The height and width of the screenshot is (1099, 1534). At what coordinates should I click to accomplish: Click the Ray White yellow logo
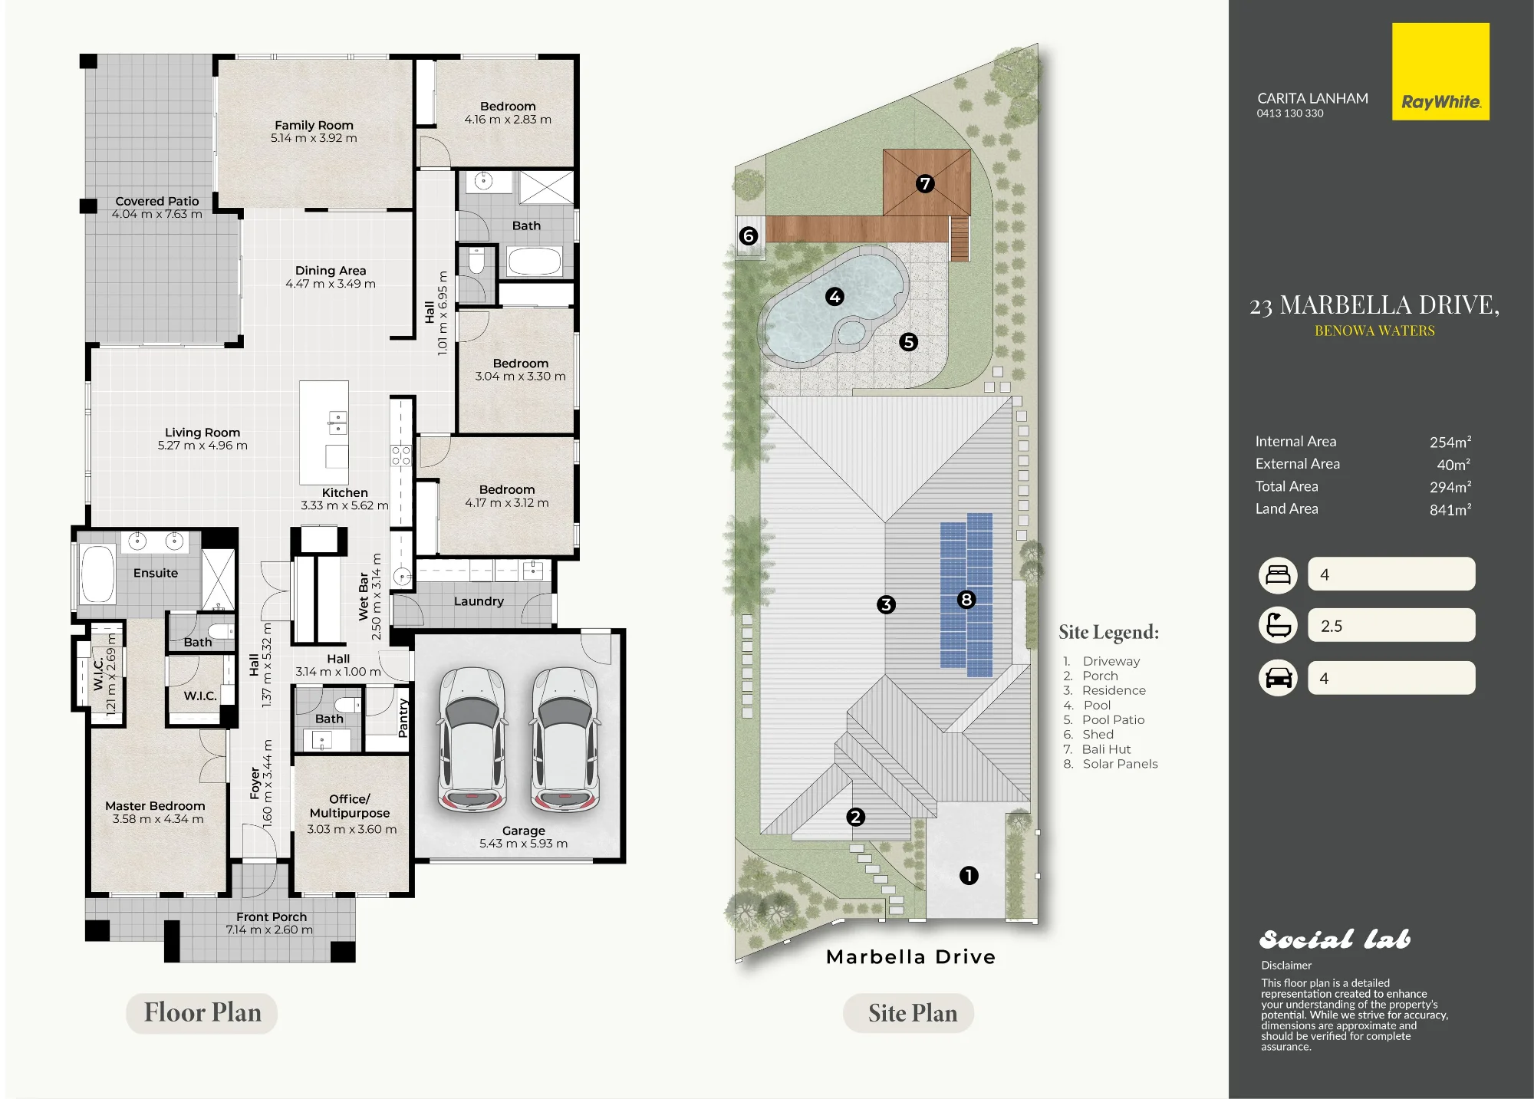(x=1440, y=71)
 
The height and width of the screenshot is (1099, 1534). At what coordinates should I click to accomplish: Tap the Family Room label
(x=314, y=125)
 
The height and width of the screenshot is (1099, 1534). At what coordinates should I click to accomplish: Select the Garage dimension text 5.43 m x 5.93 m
(x=524, y=844)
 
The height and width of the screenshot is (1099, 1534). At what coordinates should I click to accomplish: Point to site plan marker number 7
(x=925, y=183)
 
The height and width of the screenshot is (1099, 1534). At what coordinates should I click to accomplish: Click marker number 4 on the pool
(x=834, y=296)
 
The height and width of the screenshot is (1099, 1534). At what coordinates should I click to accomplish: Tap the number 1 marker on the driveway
(x=969, y=875)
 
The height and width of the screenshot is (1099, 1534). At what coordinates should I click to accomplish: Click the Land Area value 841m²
(x=1450, y=509)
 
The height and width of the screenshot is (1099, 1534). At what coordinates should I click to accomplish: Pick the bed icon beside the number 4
(x=1278, y=574)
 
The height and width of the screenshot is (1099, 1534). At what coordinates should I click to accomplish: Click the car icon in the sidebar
(x=1278, y=678)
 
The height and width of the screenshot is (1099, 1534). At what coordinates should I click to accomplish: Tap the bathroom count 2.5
(x=1332, y=626)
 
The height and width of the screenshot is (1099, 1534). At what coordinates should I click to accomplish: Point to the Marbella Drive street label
(x=911, y=956)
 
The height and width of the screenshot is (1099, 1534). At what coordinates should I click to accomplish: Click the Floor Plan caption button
(x=202, y=1012)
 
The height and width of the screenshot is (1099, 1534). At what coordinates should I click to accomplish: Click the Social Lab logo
(x=1335, y=939)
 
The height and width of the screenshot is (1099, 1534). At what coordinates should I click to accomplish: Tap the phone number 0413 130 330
(x=1290, y=114)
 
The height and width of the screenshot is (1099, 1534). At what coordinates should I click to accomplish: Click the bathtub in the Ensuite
(x=97, y=574)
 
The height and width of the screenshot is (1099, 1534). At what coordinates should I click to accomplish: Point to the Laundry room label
(x=479, y=601)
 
